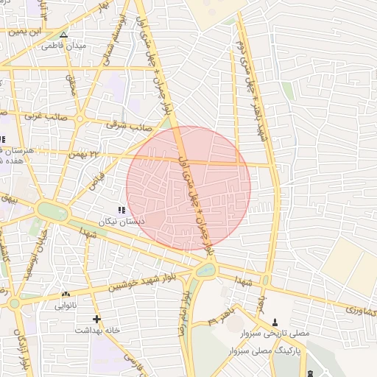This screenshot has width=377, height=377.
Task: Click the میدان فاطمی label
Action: (64, 46)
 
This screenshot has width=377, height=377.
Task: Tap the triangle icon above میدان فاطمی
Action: (63, 35)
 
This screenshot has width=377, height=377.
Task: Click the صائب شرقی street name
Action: (122, 125)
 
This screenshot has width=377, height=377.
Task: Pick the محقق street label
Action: (72, 86)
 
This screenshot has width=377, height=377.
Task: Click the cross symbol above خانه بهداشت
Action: (96, 319)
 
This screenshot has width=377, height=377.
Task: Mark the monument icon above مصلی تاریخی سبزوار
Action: (275, 322)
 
